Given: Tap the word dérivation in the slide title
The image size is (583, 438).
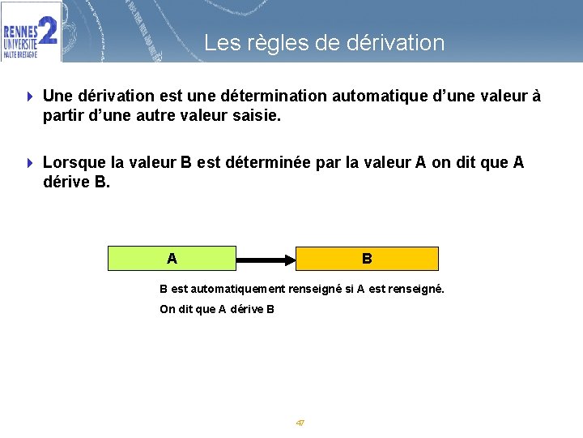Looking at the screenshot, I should (x=395, y=43).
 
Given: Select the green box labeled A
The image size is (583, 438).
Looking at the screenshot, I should (x=172, y=259).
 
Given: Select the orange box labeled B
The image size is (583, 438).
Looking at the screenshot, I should (x=367, y=259).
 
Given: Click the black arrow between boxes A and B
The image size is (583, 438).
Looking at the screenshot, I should (x=266, y=260).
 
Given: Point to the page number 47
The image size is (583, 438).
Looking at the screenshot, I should (x=300, y=423).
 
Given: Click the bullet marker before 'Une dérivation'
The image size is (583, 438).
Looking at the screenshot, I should (x=30, y=97).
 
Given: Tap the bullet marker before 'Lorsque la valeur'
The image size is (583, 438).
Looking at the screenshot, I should (x=30, y=163).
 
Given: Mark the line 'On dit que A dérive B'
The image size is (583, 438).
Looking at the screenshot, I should (x=217, y=309).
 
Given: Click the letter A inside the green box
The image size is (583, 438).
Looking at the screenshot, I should (x=172, y=259).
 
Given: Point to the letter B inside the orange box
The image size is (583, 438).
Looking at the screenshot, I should (x=367, y=259).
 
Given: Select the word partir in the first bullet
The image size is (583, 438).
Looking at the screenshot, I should (x=63, y=116).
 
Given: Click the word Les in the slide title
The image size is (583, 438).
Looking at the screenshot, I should (x=219, y=43).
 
